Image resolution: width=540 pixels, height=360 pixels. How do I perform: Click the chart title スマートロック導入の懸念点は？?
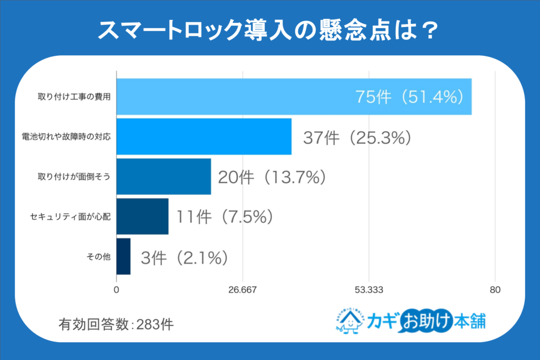pos(269,30)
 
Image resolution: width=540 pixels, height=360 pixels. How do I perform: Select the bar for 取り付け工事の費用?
pos(293,96)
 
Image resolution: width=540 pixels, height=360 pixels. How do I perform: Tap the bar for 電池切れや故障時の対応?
pos(204,137)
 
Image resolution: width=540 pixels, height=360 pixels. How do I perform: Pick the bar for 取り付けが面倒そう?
pos(163,177)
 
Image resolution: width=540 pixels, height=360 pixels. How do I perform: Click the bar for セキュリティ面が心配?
pos(142,216)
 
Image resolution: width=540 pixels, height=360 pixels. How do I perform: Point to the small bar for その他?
pos(123,256)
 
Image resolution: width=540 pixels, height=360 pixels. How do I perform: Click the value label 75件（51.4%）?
pos(409,97)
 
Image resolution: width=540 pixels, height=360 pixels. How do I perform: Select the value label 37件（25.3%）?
pos(357,138)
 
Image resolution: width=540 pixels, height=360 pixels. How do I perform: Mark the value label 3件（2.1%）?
pos(184,257)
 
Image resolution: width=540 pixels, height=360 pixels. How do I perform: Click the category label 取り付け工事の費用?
pos(74,97)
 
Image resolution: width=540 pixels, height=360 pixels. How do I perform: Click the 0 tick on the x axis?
pos(117,289)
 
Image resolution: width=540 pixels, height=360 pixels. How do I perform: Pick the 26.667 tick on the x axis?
pos(242,289)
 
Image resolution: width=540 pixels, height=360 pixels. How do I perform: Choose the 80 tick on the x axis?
pos(495,289)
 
